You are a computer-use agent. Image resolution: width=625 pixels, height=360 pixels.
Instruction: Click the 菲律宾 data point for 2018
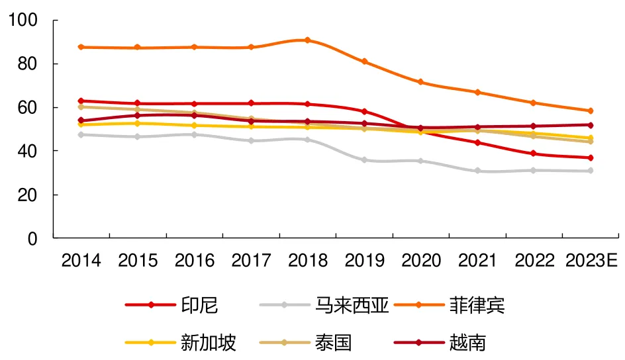[x=307, y=40]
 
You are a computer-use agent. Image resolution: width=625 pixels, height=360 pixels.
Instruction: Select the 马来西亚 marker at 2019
[x=364, y=160]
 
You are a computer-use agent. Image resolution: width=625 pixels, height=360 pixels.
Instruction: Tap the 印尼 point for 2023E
[x=590, y=158]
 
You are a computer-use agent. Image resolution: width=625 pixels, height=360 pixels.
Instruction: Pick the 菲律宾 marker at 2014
[x=81, y=47]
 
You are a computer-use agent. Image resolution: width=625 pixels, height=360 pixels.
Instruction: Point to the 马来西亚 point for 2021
[x=477, y=171]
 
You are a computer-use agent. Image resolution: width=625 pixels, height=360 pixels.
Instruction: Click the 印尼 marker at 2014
[x=81, y=101]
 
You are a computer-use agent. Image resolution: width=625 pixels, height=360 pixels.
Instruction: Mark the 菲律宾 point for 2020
[x=420, y=82]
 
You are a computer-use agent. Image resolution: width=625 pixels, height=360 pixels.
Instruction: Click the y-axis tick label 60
[x=30, y=107]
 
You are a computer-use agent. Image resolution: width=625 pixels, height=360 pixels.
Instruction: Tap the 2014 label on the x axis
[x=81, y=261]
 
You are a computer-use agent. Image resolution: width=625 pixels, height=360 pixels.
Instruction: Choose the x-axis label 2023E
[x=591, y=261]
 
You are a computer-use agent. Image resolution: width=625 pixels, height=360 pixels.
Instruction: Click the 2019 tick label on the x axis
[x=364, y=261]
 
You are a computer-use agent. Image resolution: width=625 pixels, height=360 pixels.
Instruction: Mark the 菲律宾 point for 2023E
[x=590, y=111]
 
